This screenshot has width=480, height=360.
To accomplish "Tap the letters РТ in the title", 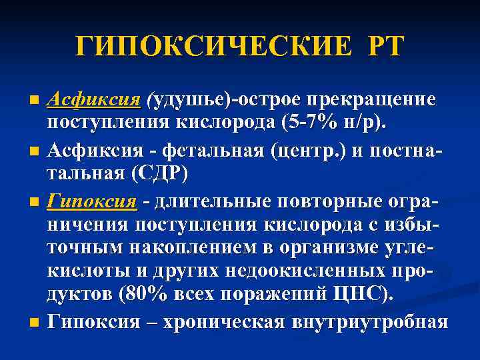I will pos(381,47).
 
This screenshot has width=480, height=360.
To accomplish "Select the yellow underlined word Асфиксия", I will pos(94,99).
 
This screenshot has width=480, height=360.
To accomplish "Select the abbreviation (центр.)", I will pos(309,150).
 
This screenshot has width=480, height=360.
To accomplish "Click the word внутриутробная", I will pos(370,322).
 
